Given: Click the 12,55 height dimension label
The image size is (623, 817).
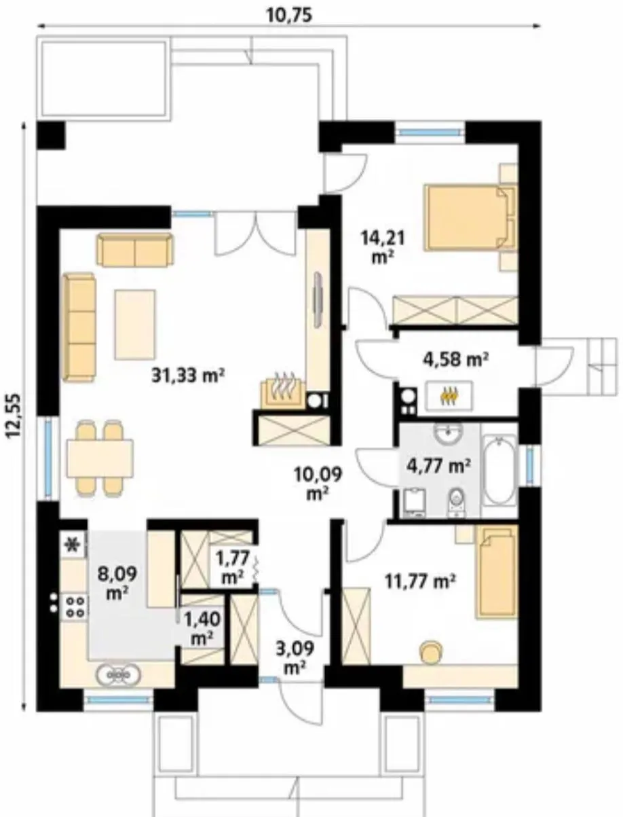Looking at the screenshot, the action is (x=14, y=414).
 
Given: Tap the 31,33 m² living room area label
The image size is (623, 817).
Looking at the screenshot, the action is (x=188, y=376).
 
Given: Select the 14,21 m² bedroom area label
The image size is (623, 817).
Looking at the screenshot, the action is (x=383, y=247).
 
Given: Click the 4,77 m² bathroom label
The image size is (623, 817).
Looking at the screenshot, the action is (x=439, y=465).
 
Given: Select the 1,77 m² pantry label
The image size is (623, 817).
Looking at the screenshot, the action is (x=232, y=568).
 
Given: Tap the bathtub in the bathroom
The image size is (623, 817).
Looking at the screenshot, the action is (x=499, y=470).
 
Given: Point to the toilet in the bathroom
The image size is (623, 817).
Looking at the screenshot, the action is (x=456, y=501).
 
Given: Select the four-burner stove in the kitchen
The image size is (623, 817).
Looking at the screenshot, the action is (x=75, y=606).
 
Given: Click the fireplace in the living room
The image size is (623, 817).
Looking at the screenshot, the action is (x=284, y=392).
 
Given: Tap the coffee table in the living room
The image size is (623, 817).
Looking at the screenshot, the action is (x=135, y=325).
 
